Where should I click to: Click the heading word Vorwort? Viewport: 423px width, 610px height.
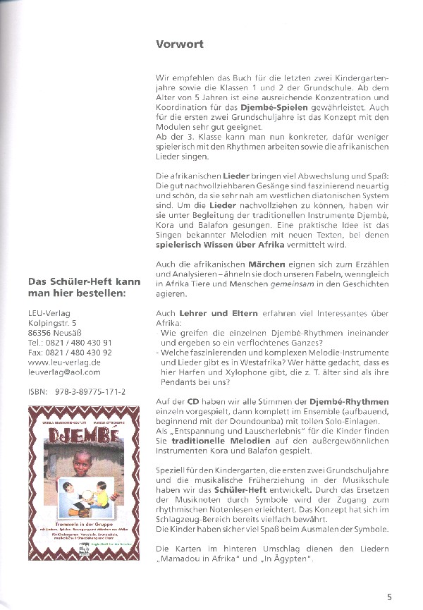(180, 44)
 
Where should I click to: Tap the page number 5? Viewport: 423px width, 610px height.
(390, 584)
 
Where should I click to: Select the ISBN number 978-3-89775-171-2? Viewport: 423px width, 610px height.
(87, 391)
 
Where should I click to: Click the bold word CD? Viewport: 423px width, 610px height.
(194, 401)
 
